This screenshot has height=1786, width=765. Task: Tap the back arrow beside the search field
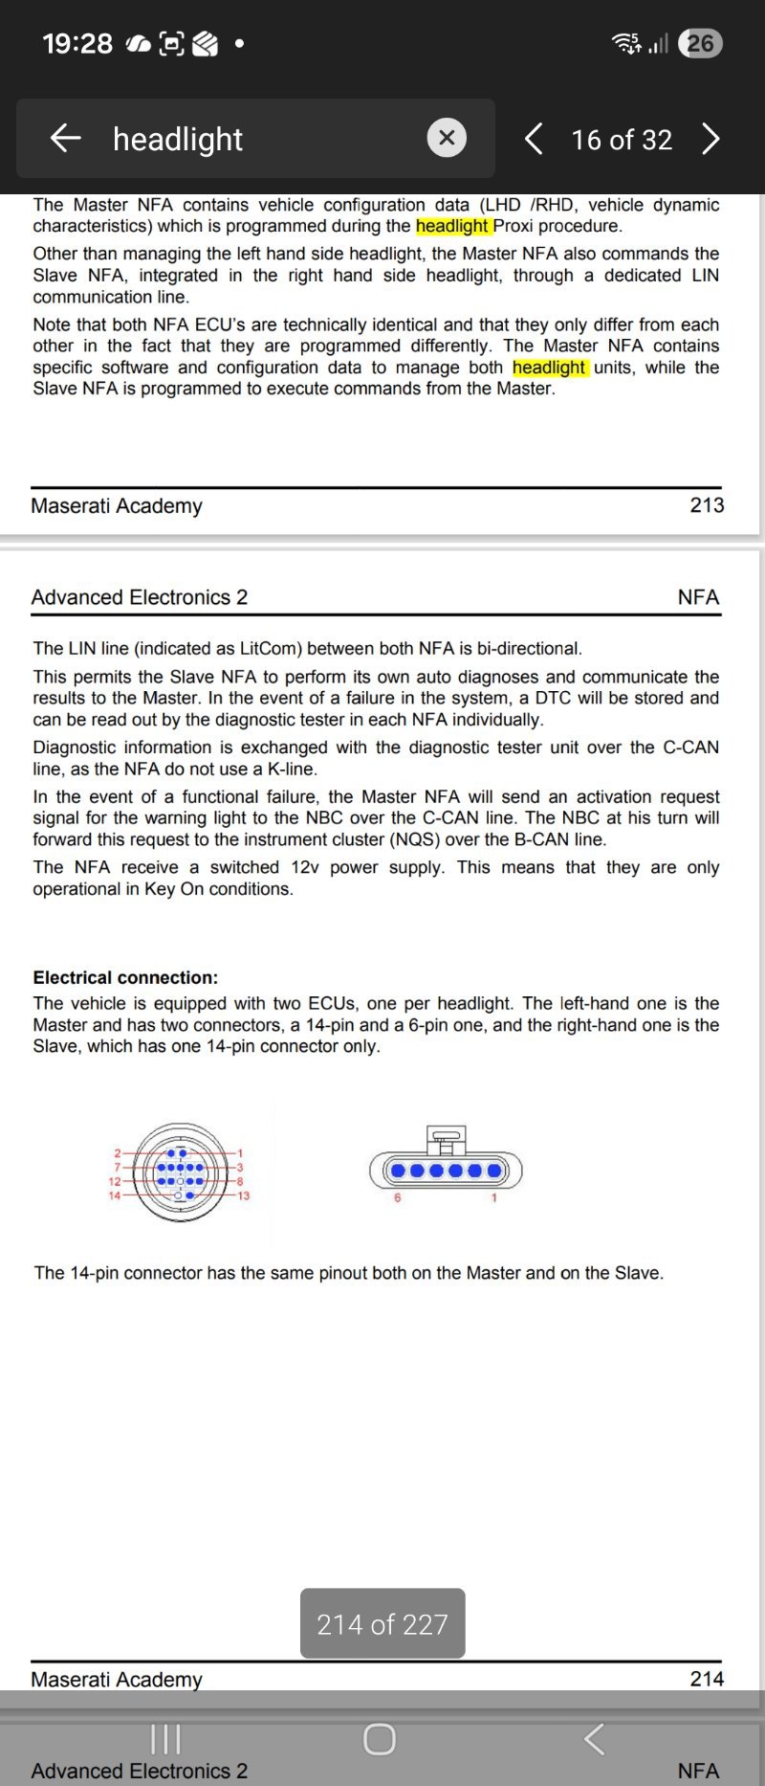(x=65, y=139)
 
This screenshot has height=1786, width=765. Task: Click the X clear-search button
(x=447, y=139)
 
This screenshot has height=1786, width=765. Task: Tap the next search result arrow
(x=710, y=140)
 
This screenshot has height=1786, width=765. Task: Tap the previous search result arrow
(x=534, y=140)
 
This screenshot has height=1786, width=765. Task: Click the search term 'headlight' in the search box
(x=178, y=140)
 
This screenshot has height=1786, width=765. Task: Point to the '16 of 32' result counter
(x=622, y=141)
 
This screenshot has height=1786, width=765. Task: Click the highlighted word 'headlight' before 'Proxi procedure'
(x=452, y=226)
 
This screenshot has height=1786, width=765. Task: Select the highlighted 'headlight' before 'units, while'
(x=549, y=368)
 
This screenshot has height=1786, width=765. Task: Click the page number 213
(x=707, y=505)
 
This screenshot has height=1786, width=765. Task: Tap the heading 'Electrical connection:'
(x=125, y=977)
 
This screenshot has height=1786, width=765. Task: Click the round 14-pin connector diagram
(x=181, y=1172)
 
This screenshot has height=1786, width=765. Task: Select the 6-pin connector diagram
(x=446, y=1169)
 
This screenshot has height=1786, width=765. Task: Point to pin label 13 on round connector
(x=244, y=1196)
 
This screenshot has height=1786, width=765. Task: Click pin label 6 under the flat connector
(x=398, y=1198)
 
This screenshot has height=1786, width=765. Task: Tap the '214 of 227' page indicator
(x=382, y=1624)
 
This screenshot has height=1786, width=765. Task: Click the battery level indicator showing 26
(x=700, y=43)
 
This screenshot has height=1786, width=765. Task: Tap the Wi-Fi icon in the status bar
(x=627, y=43)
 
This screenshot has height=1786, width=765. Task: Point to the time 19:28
(x=77, y=44)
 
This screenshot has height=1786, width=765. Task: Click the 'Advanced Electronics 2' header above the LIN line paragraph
(x=140, y=597)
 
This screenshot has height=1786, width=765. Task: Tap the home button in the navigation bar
(x=380, y=1739)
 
